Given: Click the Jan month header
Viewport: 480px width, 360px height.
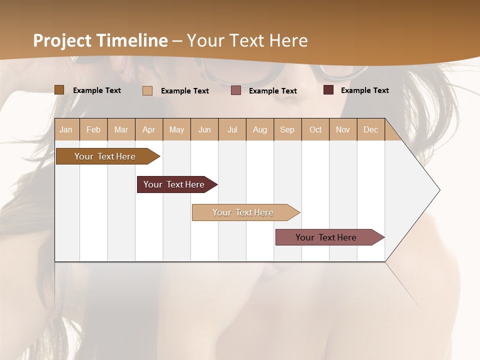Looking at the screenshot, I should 66,129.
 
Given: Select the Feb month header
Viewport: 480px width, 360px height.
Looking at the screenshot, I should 93,129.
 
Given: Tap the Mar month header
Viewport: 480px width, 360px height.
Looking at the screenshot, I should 121,129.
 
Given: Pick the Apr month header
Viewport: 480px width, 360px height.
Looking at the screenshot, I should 149,129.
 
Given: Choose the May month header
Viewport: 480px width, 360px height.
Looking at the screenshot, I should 176,129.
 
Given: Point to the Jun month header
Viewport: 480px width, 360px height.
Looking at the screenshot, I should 204,129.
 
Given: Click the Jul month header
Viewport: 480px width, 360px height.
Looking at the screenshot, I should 232,129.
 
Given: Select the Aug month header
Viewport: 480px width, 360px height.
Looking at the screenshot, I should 260,129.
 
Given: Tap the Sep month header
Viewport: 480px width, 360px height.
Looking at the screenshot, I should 287,129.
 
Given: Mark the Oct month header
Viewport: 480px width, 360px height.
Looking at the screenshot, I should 315,129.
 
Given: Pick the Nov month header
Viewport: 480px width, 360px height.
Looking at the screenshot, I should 343,129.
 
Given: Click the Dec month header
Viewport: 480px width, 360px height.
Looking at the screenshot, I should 371,129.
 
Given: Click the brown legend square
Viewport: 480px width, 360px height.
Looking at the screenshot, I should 59,90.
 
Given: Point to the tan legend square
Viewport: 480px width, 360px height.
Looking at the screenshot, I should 147,90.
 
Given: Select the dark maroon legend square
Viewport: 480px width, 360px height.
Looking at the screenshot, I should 328,90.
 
